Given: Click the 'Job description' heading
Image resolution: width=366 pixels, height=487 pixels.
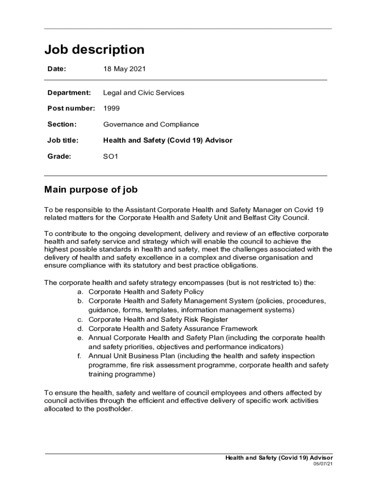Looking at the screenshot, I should (x=94, y=49).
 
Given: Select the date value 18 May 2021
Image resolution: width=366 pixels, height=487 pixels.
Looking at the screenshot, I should (x=125, y=69).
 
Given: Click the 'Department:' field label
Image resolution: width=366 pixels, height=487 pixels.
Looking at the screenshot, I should (x=69, y=93).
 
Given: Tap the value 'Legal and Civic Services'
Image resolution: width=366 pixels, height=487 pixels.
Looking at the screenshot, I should (x=144, y=93).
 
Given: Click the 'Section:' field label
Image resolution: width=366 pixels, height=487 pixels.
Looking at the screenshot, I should (x=62, y=125).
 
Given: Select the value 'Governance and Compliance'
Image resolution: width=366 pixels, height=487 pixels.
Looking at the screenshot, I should (x=151, y=125).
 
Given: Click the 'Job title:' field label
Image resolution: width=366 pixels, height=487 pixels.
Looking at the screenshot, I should (x=63, y=140).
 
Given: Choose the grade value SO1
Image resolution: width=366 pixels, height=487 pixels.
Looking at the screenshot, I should (x=111, y=156).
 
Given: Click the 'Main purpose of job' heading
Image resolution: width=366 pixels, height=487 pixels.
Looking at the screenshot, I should (x=91, y=190).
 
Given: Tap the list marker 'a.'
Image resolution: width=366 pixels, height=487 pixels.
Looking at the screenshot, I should (x=81, y=292).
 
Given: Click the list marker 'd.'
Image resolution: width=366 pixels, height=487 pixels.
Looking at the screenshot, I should (x=81, y=329).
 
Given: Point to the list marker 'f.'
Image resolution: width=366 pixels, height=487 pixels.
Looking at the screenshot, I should (x=80, y=356).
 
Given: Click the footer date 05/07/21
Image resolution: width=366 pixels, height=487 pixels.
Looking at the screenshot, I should (x=323, y=464).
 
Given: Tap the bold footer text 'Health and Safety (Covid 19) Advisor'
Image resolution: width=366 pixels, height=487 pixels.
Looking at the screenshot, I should (x=279, y=458).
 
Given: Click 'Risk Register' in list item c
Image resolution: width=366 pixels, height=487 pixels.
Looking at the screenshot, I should (x=206, y=320).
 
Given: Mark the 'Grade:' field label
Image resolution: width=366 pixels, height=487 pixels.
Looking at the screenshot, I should (x=59, y=156).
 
